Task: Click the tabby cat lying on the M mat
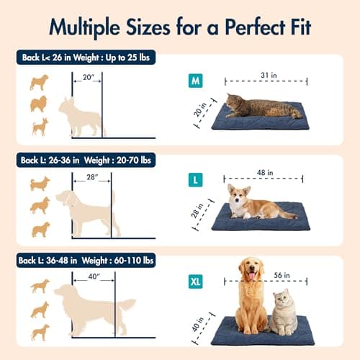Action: pyautogui.click(x=263, y=107)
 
